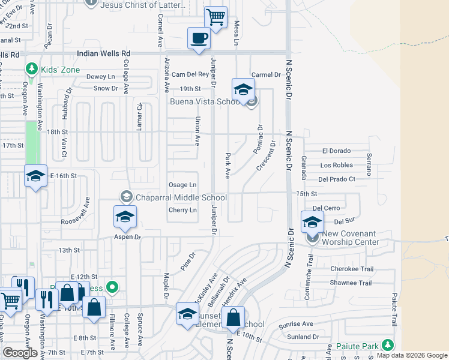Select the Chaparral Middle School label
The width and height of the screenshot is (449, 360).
(x=181, y=198)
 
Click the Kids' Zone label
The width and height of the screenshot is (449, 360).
(x=60, y=70)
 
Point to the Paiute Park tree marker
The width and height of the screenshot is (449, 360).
(x=388, y=345)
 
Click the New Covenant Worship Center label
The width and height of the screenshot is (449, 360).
(x=351, y=238)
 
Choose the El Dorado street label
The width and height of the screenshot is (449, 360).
(x=336, y=151)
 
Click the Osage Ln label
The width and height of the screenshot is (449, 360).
(x=182, y=185)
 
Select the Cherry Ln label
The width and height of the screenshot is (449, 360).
(x=182, y=210)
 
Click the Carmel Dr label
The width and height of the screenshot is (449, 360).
(x=266, y=75)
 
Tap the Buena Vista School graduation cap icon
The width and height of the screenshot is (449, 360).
(x=243, y=90)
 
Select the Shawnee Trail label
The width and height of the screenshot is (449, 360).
(x=351, y=283)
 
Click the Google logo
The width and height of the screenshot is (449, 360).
(x=20, y=353)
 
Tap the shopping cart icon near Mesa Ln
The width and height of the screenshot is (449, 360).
(x=215, y=18)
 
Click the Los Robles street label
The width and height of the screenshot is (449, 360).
(x=337, y=165)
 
